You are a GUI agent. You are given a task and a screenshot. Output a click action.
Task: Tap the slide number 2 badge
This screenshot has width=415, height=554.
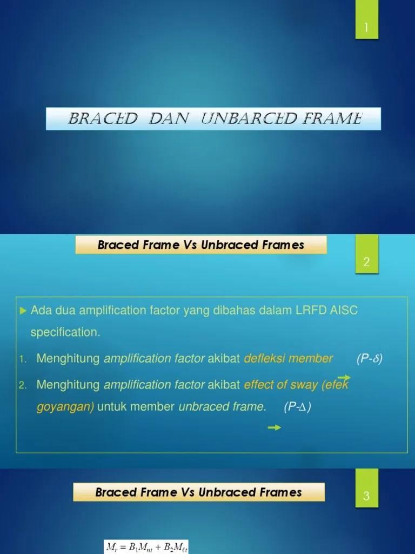(x=366, y=263)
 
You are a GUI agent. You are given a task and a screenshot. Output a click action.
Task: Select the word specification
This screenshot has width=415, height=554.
(x=65, y=333)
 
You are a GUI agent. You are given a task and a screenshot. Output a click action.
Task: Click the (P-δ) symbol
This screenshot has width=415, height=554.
(x=370, y=359)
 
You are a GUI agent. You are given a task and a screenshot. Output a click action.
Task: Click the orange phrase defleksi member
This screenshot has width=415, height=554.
(x=288, y=359)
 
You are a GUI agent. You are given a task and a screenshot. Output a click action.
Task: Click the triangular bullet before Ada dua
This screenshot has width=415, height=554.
(x=23, y=311)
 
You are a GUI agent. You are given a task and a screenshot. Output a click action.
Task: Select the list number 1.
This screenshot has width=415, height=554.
(x=22, y=359)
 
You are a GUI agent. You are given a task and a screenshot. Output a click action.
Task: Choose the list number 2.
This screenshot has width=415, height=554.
(x=22, y=385)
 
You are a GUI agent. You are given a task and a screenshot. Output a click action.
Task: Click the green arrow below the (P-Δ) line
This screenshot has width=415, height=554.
(x=275, y=428)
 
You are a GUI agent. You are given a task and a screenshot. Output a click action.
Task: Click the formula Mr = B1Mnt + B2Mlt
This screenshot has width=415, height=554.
(x=146, y=546)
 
